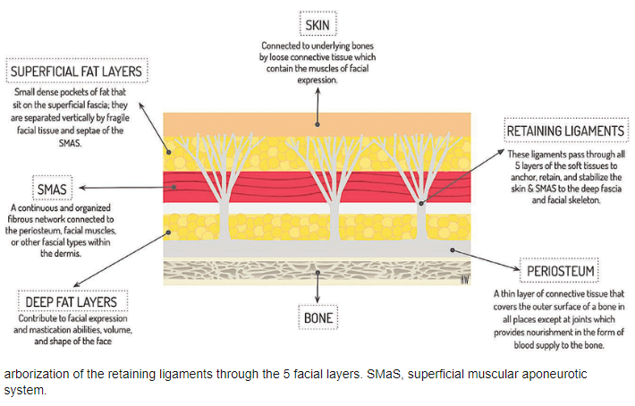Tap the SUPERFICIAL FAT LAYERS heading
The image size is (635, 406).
(x=78, y=71)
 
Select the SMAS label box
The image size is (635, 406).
(x=53, y=189)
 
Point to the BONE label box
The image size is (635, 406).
(x=318, y=316)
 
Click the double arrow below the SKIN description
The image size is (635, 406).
(x=317, y=104)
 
